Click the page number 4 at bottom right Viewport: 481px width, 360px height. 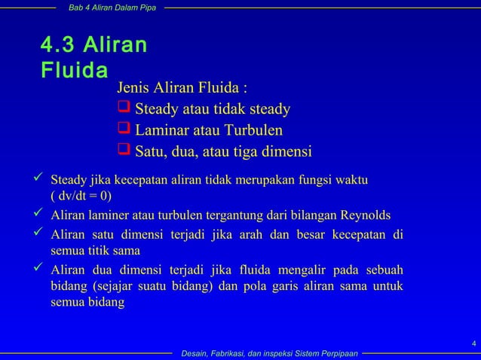(472, 344)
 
